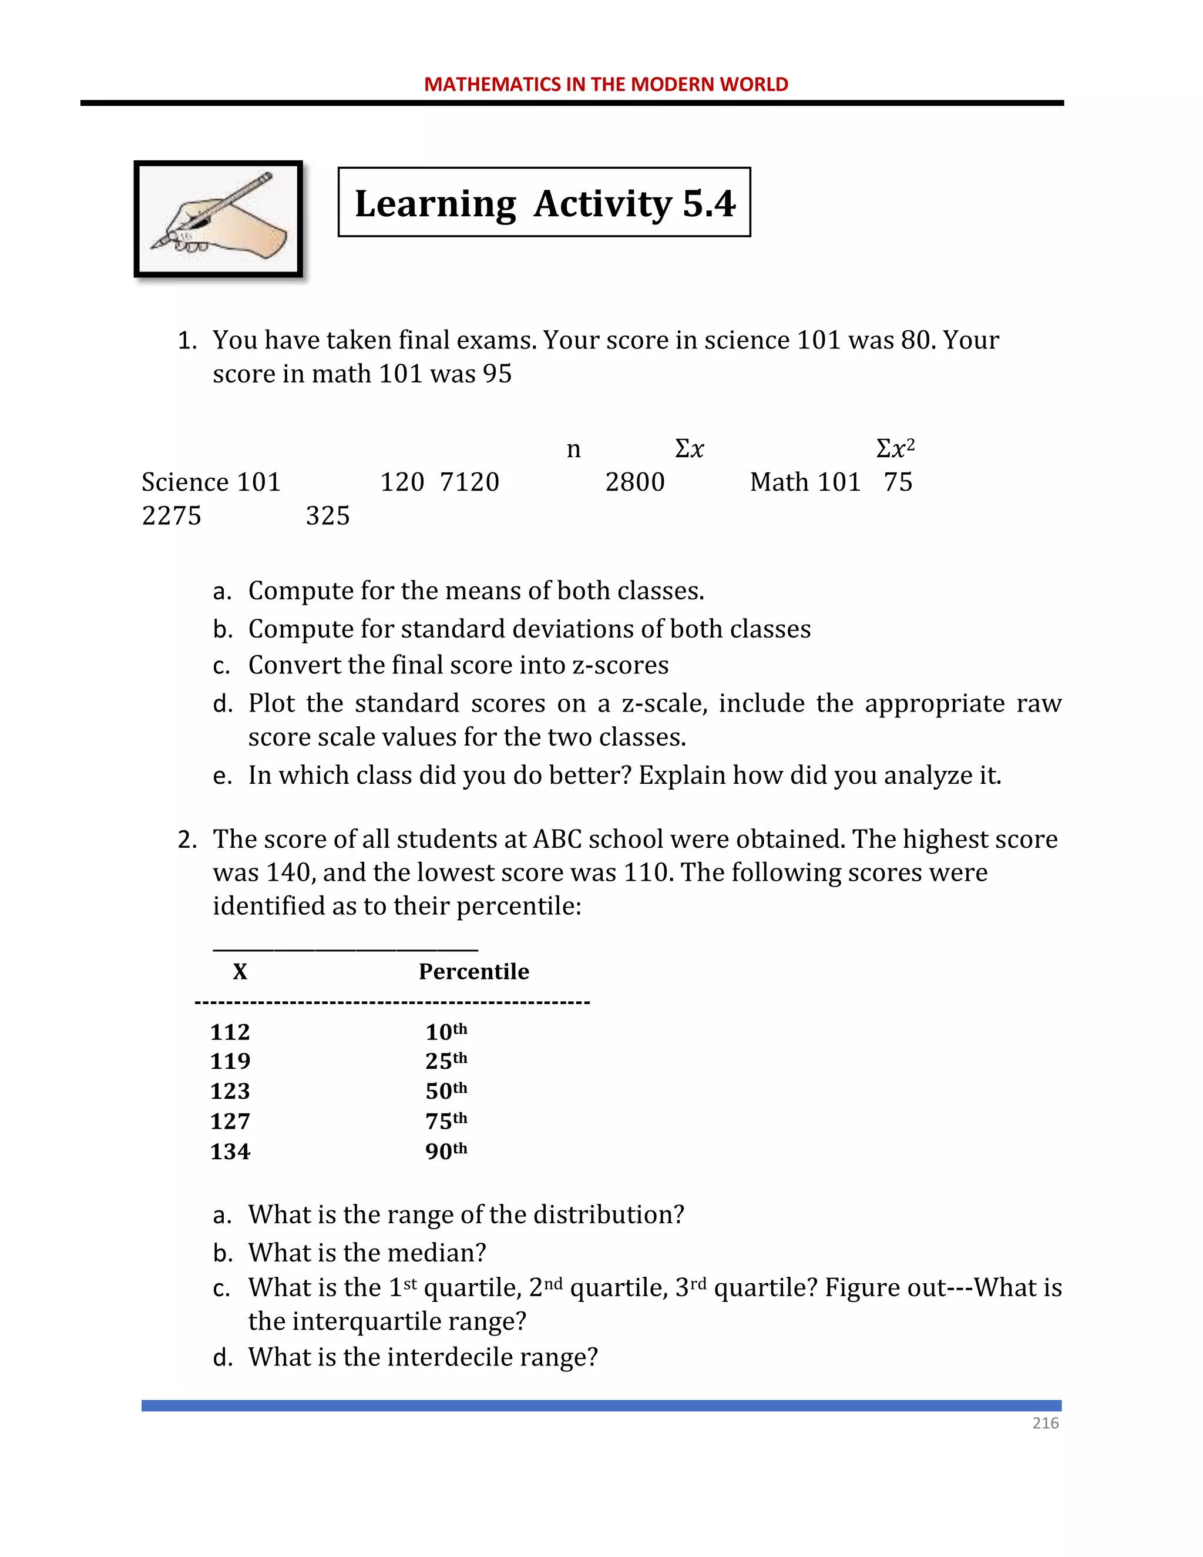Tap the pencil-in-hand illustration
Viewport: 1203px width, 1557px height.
pyautogui.click(x=219, y=219)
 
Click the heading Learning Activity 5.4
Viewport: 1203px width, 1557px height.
pyautogui.click(x=545, y=203)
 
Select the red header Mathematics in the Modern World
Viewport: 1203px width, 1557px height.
pyautogui.click(x=606, y=84)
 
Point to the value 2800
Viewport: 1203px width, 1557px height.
pyautogui.click(x=634, y=482)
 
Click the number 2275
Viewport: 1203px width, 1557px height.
pyautogui.click(x=172, y=516)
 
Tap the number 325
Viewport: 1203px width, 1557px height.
pyautogui.click(x=328, y=516)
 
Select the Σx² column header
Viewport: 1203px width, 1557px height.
pyautogui.click(x=895, y=448)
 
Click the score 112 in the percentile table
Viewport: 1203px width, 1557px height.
pyautogui.click(x=230, y=1032)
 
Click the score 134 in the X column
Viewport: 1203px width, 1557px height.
pyautogui.click(x=230, y=1152)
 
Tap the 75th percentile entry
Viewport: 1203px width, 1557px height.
pyautogui.click(x=446, y=1122)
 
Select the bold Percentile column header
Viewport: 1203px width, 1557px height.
pyautogui.click(x=473, y=972)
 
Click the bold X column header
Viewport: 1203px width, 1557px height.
pyautogui.click(x=240, y=972)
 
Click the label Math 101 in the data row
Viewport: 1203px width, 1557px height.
pyautogui.click(x=805, y=482)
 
